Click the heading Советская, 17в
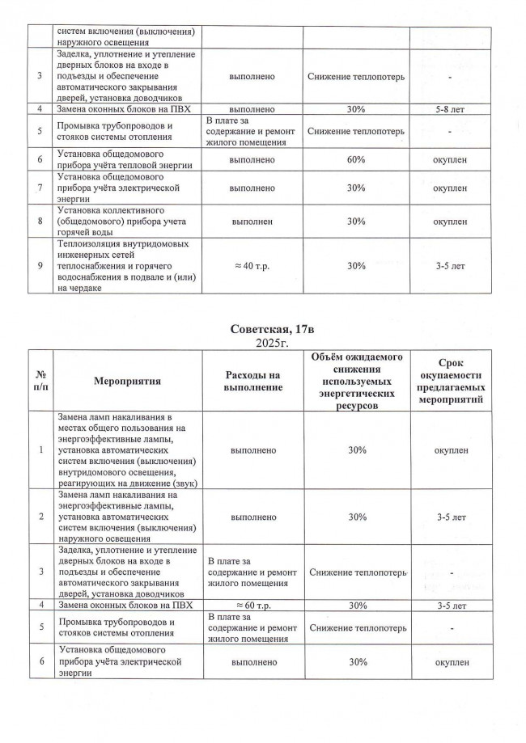(263, 329)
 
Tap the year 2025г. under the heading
(263, 343)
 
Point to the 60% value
(357, 160)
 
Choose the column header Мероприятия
(128, 381)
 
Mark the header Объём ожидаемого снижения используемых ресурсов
(357, 381)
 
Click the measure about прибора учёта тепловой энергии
(128, 160)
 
